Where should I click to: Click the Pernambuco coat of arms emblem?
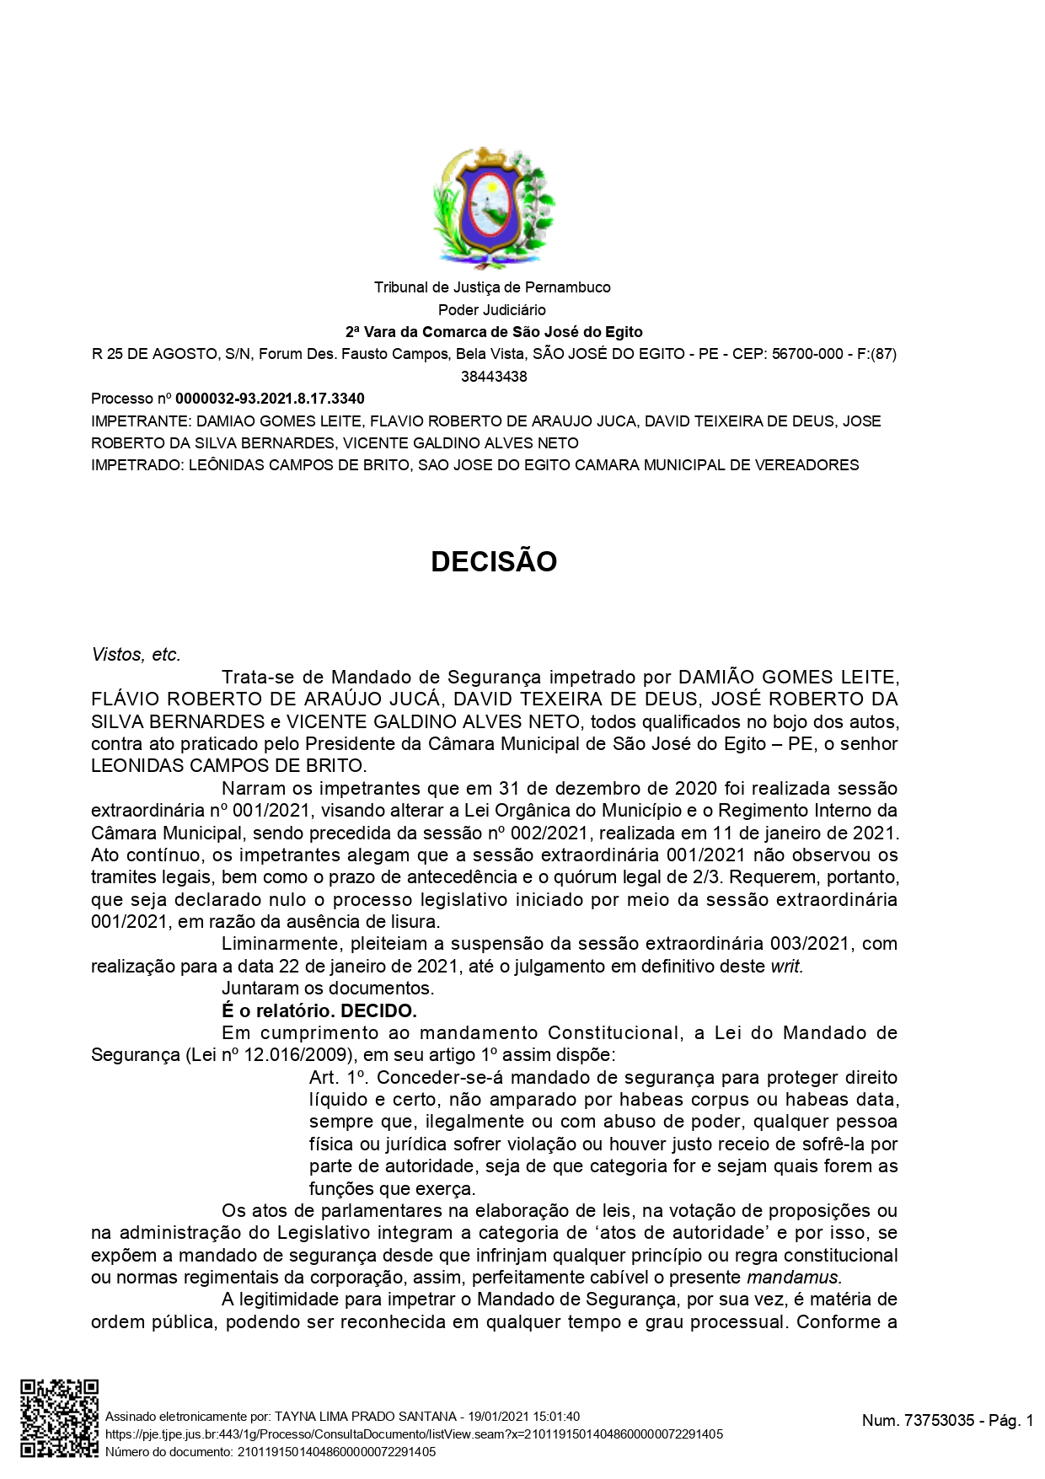coord(493,207)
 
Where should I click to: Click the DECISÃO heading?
coord(494,562)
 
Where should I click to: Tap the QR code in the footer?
coord(59,1418)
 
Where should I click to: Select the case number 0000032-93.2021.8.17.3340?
coord(270,399)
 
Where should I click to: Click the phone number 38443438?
coord(494,377)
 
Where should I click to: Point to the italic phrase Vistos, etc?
coord(136,655)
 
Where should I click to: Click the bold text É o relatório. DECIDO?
coord(319,1010)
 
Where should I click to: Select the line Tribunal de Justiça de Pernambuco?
coord(492,287)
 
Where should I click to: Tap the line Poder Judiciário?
coord(492,310)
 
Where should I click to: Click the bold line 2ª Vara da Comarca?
coord(494,332)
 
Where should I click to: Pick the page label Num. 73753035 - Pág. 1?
coord(947,1421)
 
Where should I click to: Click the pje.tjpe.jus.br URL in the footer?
coord(414,1433)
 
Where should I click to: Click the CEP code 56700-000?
coord(807,354)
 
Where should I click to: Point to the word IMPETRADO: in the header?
coord(136,465)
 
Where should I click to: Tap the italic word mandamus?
coord(794,1278)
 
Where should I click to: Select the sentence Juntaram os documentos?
coord(328,989)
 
